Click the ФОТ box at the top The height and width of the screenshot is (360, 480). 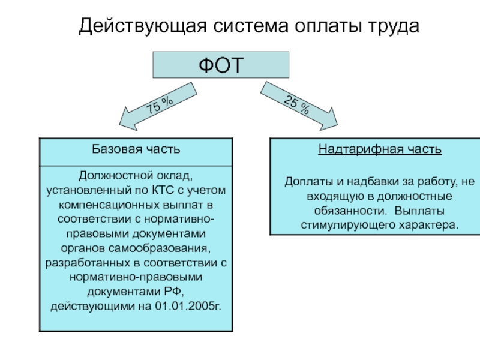[221, 65]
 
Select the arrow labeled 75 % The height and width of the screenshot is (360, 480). [158, 106]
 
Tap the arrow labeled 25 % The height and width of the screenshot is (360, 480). [299, 106]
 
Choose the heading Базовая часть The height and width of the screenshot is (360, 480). [136, 149]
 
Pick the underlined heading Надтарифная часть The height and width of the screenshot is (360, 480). [380, 149]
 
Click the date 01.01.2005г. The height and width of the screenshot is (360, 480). [188, 306]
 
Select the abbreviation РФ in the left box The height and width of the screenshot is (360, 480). [173, 292]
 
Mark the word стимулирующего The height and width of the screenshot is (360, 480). [349, 226]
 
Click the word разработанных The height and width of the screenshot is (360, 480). [88, 263]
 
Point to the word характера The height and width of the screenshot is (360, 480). [428, 226]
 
